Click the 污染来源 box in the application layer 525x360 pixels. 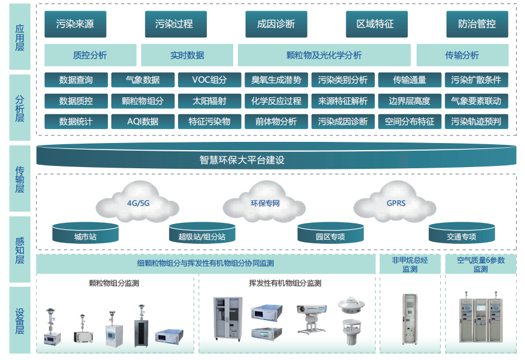coord(75,24)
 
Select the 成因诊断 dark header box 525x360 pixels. coord(276,24)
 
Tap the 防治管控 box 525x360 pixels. coord(477,24)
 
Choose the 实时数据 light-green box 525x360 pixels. coord(187,55)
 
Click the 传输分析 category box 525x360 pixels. coord(462,55)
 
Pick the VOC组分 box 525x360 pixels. coord(209,80)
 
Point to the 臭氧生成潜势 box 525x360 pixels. coord(276,80)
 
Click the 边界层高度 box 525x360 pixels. coord(409,101)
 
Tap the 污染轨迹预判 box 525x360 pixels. coord(476,121)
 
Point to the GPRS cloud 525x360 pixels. coord(396,203)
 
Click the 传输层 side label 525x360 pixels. coord(20,179)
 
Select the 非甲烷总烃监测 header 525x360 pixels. coord(410,264)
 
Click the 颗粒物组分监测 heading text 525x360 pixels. coord(114,283)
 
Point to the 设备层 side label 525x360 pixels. coord(20,320)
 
